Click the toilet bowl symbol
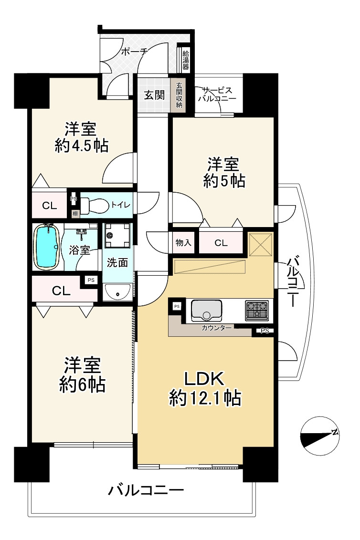click(93, 206)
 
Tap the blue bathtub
click(46, 247)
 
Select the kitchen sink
click(206, 310)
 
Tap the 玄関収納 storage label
click(179, 94)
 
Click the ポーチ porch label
click(135, 52)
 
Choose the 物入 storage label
click(183, 243)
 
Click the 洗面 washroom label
click(116, 262)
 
